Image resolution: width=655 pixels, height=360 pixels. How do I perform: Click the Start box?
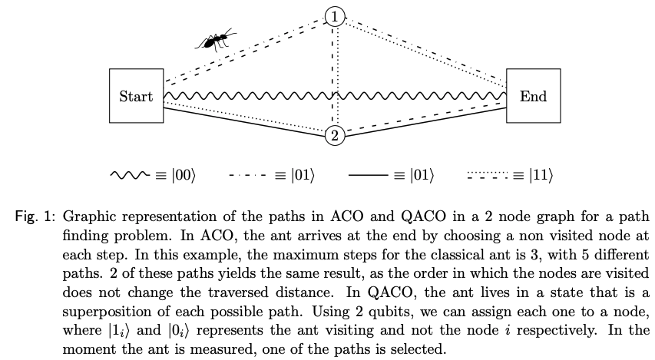pos(136,97)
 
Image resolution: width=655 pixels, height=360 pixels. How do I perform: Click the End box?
pos(533,97)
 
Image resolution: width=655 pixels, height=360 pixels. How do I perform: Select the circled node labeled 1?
pos(335,15)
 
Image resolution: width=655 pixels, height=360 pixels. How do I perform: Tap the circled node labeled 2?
pos(335,136)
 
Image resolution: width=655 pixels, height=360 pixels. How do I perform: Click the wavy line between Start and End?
pos(335,97)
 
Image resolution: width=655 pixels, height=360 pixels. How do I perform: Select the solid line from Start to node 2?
pos(246,121)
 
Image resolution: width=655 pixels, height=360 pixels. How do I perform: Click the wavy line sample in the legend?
pos(130,176)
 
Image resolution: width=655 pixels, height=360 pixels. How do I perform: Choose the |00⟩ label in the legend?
pos(184,176)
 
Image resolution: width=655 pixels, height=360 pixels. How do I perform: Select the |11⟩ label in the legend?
pos(541,176)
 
